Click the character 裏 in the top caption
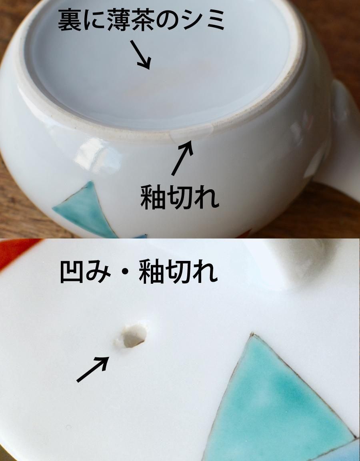(x=70, y=20)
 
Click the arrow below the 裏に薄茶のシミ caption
(x=140, y=55)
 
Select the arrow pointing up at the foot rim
(x=182, y=158)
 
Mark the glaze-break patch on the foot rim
(x=191, y=131)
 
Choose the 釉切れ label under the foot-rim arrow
(x=180, y=197)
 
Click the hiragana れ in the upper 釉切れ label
(x=206, y=197)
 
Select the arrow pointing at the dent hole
(x=93, y=369)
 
